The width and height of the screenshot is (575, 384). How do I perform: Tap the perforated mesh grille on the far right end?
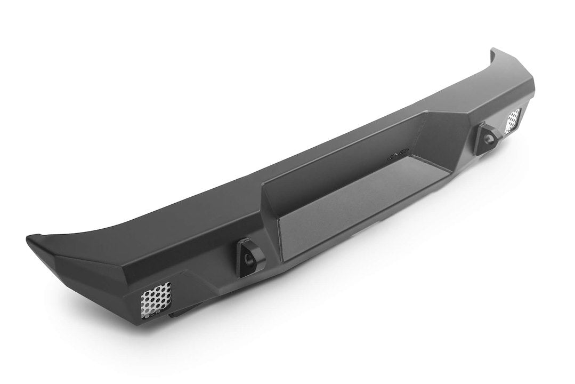click(x=513, y=121)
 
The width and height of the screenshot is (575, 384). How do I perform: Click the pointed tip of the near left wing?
click(x=29, y=238)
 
